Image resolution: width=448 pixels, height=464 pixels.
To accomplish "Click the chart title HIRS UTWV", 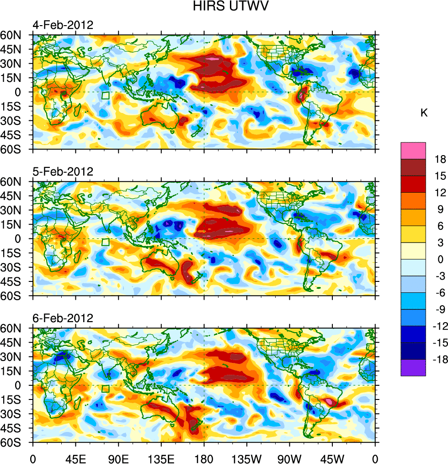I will (224, 6).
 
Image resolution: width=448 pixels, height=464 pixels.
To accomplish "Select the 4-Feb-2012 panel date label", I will (63, 25).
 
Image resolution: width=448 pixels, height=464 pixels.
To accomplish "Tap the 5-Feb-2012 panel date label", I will (63, 172).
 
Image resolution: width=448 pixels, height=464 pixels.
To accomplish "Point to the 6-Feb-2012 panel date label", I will (63, 318).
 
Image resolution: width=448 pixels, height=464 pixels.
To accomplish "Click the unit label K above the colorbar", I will (424, 113).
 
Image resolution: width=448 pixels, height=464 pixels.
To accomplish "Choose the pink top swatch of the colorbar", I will (413, 151).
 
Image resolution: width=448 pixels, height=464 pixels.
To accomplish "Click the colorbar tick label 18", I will (440, 159).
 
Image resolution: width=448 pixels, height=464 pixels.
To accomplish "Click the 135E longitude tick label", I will (161, 458).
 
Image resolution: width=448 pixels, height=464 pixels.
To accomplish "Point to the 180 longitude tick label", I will (204, 458).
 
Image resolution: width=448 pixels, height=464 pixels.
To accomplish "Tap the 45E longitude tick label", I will (75, 458).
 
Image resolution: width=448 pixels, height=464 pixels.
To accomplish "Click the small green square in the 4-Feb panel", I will (106, 96).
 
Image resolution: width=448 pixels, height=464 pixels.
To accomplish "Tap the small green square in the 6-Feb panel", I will (106, 389).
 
